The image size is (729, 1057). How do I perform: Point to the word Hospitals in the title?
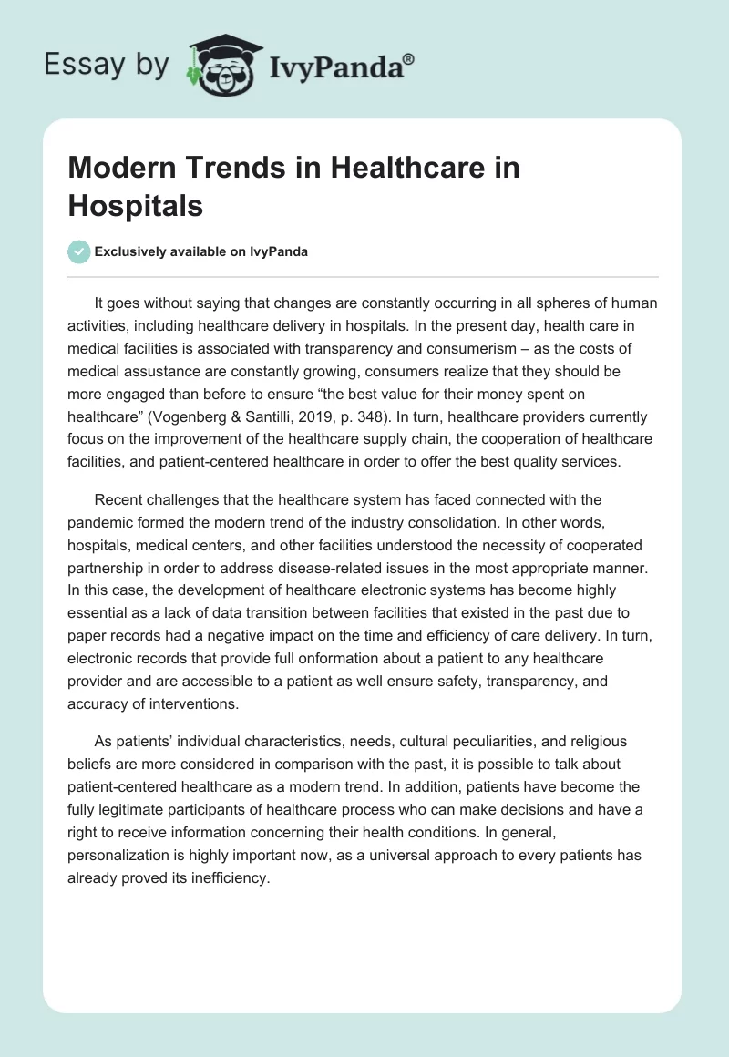[x=136, y=206]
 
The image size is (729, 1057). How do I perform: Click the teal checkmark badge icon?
[x=79, y=251]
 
